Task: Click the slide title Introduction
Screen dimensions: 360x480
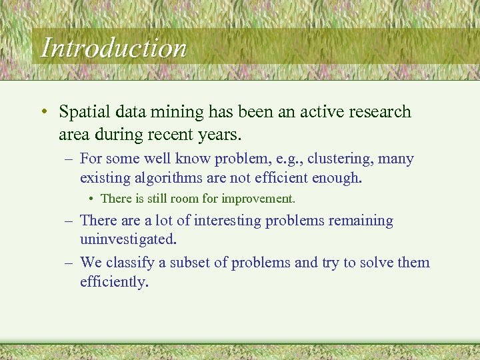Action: pos(113,48)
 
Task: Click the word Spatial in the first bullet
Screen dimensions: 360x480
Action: pos(84,112)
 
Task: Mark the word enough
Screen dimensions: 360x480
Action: pos(337,178)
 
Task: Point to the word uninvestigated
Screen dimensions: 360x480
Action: pos(127,239)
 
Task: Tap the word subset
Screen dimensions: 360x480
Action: pos(190,263)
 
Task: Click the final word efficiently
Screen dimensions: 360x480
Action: pos(113,281)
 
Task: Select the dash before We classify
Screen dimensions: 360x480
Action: pos(68,263)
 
